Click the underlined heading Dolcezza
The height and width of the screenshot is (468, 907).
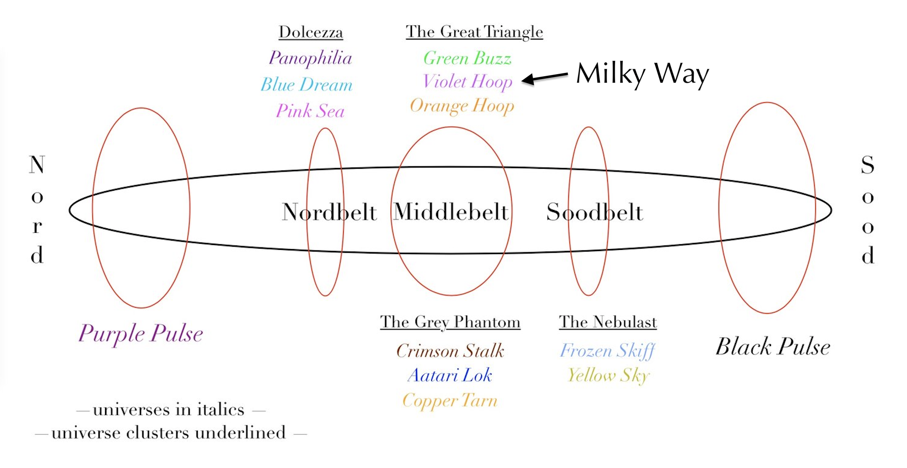point(311,32)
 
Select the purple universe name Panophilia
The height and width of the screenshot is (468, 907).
point(310,58)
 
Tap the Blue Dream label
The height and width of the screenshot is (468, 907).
point(306,84)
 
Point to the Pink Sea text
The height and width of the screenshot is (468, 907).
point(310,111)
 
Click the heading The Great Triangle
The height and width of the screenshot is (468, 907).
point(474,32)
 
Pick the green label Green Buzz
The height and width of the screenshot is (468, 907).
point(467,58)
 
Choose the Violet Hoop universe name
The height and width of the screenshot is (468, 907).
point(467,82)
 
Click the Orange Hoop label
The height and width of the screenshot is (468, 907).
point(462,106)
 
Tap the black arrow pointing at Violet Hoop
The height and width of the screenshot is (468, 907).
point(545,77)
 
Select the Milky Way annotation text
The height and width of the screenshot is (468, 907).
point(642,74)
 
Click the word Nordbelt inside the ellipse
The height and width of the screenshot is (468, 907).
point(329,212)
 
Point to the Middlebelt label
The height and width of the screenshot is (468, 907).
point(451,212)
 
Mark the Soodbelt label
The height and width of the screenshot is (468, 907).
point(594,212)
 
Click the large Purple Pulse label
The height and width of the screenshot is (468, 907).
point(141,333)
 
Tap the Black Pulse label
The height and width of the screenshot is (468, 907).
point(773,347)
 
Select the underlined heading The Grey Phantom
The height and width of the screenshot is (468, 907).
point(450,322)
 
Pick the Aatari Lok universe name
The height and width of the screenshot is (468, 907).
point(450,375)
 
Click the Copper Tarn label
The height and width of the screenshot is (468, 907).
point(450,401)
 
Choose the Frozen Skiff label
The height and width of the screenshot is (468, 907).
point(607,351)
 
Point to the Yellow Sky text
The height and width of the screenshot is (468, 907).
point(608,375)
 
